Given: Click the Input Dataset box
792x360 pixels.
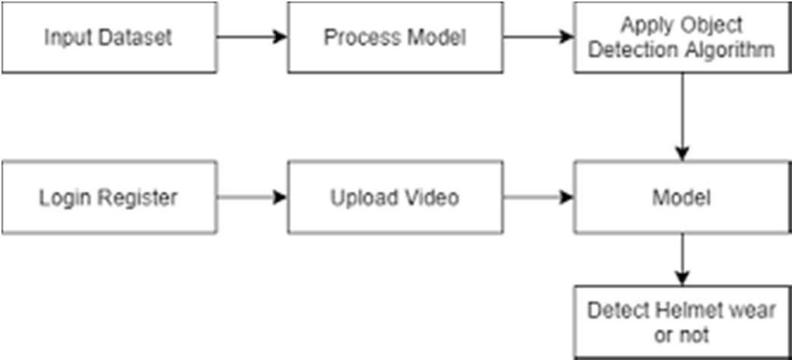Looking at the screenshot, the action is [109, 37].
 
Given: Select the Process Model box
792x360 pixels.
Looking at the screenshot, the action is [395, 37].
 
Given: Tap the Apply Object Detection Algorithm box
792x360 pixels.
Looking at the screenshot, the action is [682, 37].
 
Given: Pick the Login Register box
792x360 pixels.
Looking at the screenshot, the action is [109, 197].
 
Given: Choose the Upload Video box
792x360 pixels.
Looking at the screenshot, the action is [395, 197].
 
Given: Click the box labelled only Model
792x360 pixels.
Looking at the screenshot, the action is [682, 197].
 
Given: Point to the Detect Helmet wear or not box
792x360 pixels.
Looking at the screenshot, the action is [682, 321].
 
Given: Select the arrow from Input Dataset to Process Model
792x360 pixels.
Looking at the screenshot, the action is [252, 37].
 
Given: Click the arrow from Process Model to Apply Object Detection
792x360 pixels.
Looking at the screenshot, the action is [538, 37].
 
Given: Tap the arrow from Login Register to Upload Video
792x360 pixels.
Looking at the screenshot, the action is [252, 197].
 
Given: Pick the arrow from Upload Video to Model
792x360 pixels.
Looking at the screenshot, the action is [538, 197].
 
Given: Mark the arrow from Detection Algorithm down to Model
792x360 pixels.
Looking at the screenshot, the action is [683, 117].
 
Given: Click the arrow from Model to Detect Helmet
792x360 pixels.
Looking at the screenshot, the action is [683, 259].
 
